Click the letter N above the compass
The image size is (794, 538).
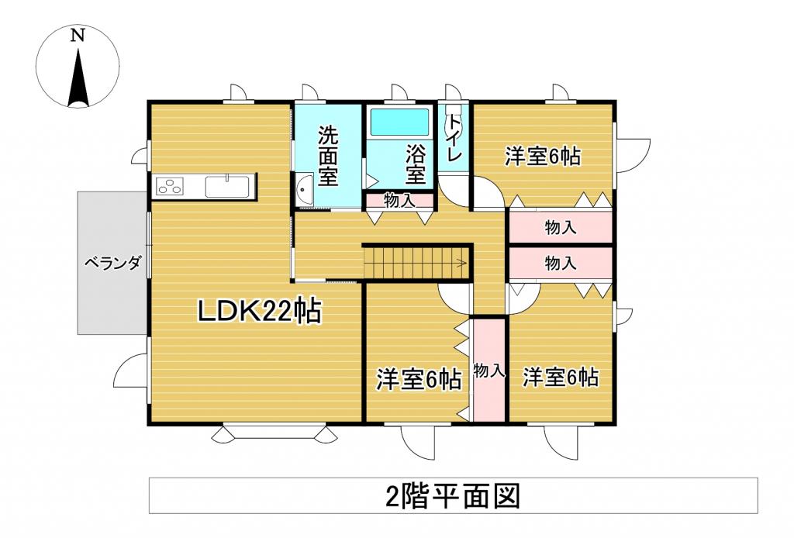point(77,35)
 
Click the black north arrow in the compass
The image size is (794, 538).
point(77,78)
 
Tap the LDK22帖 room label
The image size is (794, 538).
point(259,312)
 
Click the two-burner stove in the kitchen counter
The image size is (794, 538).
point(169,186)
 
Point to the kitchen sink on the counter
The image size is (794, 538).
point(226,187)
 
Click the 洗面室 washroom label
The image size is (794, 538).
point(328,155)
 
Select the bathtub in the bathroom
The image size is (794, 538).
point(399,122)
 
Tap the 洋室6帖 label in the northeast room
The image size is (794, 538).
point(543,156)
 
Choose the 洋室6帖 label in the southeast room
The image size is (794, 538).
point(560,378)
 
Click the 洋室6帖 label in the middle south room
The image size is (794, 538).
point(419,379)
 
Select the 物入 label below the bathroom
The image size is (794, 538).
point(399,200)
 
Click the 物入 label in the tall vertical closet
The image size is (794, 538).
point(489,371)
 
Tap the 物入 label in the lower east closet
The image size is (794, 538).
point(561,263)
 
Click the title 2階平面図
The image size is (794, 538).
point(451,495)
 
